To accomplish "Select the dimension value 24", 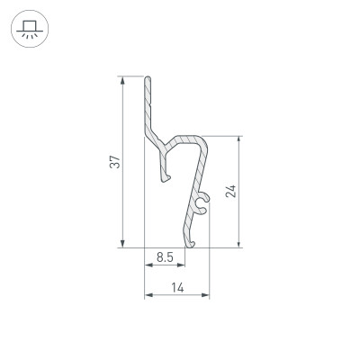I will point(230,190).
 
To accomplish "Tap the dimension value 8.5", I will point(165,258).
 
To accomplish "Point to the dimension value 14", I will point(176,288).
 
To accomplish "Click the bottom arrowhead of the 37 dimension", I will point(121,242).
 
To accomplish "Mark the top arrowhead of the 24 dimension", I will point(238,140).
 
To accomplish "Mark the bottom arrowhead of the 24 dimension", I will point(238,242).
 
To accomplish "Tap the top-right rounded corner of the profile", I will point(206,141).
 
